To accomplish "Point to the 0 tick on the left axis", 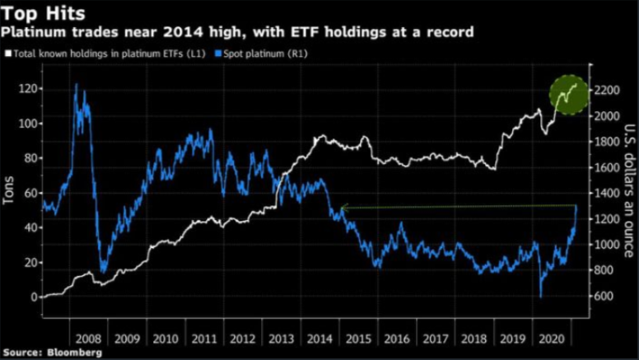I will coord(35,297).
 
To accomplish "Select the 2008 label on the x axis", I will coord(89,338).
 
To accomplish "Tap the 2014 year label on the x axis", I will coord(319,338).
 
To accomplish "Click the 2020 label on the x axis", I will coord(548,338).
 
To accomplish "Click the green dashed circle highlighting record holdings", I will coord(568,94).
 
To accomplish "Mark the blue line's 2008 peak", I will coord(77,84).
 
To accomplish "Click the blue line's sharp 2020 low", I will coord(541,297).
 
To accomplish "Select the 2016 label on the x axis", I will coord(396,338).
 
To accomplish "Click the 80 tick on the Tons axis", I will coord(30,158).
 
